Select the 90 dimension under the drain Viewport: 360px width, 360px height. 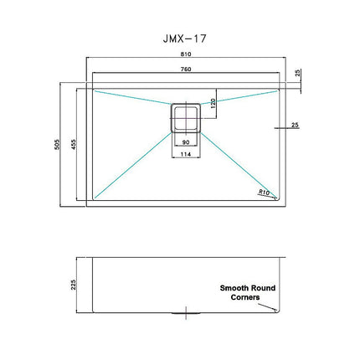(184, 142)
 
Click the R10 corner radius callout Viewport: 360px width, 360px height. (265, 192)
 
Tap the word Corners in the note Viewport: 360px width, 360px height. (246, 297)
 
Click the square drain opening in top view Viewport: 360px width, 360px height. (184, 116)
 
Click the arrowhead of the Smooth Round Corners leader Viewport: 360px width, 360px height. (277, 310)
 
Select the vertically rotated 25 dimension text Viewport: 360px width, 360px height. (298, 73)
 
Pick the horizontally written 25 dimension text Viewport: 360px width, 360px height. (295, 126)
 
